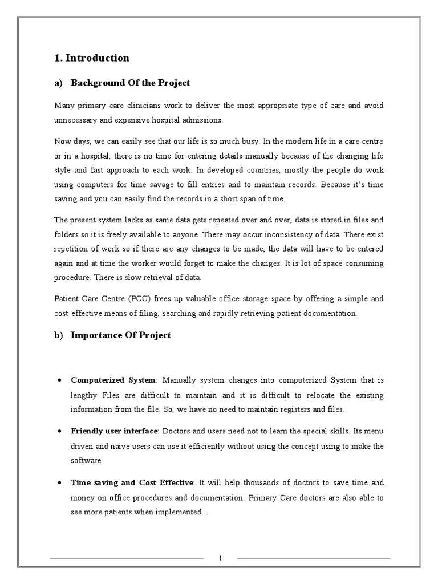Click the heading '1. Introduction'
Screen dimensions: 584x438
pyautogui.click(x=92, y=58)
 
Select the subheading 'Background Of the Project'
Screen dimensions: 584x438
pyautogui.click(x=130, y=83)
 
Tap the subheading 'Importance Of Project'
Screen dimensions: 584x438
pyautogui.click(x=120, y=335)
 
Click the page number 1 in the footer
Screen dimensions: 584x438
pyautogui.click(x=220, y=559)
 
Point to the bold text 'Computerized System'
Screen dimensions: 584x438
pyautogui.click(x=112, y=380)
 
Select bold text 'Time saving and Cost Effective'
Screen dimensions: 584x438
pyautogui.click(x=132, y=482)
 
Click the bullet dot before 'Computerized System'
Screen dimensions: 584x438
pyautogui.click(x=60, y=380)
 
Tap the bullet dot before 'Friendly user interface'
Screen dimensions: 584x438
pyautogui.click(x=60, y=431)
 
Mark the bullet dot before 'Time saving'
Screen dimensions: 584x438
pyautogui.click(x=60, y=482)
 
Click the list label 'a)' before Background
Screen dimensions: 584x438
pyautogui.click(x=58, y=83)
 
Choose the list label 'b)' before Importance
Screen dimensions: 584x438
pyautogui.click(x=58, y=335)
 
